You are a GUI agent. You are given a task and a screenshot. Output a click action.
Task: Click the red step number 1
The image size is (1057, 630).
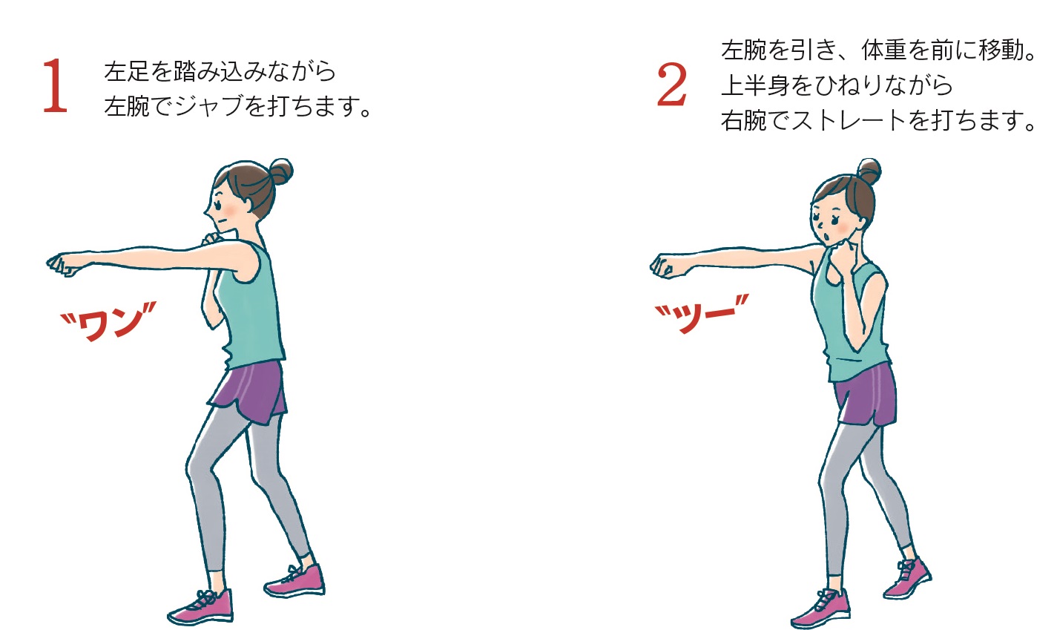pyautogui.click(x=55, y=85)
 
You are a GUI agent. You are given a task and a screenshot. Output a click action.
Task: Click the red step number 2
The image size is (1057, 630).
pyautogui.click(x=671, y=85)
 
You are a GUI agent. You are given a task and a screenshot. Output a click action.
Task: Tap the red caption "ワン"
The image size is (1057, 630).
pyautogui.click(x=108, y=321)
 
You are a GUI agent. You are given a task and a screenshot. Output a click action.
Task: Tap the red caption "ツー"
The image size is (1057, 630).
pyautogui.click(x=702, y=313)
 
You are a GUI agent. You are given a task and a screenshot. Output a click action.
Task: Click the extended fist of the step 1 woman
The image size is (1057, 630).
pyautogui.click(x=64, y=265)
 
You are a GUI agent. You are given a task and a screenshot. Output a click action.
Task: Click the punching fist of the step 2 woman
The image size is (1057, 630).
pyautogui.click(x=666, y=266)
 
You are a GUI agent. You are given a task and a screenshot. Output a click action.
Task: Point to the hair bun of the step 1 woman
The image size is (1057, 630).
pyautogui.click(x=280, y=171)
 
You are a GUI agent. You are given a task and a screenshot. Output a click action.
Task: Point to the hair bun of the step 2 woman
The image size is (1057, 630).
pyautogui.click(x=869, y=171)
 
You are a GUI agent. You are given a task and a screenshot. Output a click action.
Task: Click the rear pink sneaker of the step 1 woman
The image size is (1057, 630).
pyautogui.click(x=296, y=580)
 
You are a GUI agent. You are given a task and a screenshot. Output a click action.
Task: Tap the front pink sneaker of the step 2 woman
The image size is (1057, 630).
pyautogui.click(x=821, y=608)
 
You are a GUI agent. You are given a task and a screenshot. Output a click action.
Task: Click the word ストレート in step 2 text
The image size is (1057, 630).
pyautogui.click(x=849, y=120)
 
